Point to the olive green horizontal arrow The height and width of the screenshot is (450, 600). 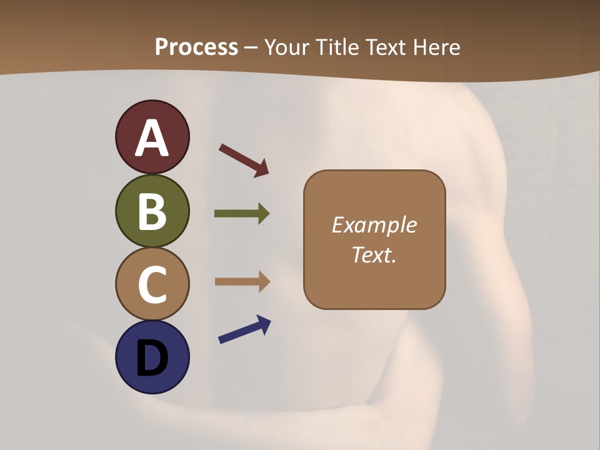[x=241, y=214]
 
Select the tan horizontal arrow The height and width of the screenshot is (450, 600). [x=241, y=282]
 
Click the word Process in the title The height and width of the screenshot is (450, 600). [x=196, y=47]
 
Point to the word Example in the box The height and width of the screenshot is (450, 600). [x=374, y=225]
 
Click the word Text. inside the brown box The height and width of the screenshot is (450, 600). [x=374, y=255]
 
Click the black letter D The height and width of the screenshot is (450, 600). [x=152, y=359]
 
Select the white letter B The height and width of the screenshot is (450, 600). [x=152, y=211]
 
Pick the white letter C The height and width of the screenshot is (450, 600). [x=152, y=284]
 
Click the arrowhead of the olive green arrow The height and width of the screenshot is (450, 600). [x=264, y=214]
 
